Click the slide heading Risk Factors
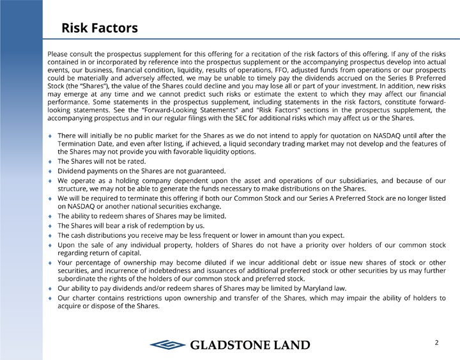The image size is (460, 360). [99, 28]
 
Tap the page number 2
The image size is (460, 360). [436, 343]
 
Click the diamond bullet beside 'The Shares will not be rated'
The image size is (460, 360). [50, 162]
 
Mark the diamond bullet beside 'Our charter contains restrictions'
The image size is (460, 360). [50, 298]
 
